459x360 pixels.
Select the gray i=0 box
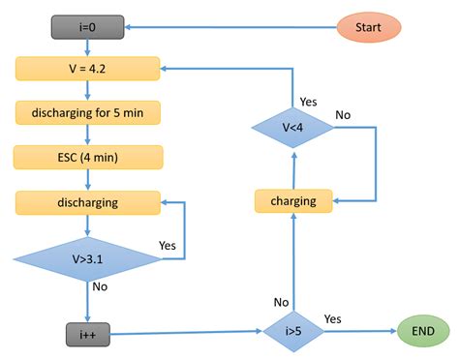87,28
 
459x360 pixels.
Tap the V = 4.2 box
87,69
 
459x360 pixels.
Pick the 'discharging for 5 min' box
87,112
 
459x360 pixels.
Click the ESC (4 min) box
87,157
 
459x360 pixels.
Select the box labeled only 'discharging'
87,202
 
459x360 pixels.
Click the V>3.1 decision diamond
87,259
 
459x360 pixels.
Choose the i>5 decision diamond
292,331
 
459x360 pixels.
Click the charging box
292,201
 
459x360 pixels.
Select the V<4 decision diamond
292,128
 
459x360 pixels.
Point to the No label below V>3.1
100,287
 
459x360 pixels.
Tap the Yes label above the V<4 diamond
309,100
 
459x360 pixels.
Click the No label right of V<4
342,114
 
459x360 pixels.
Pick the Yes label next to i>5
332,318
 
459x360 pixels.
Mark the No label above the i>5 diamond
281,303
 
